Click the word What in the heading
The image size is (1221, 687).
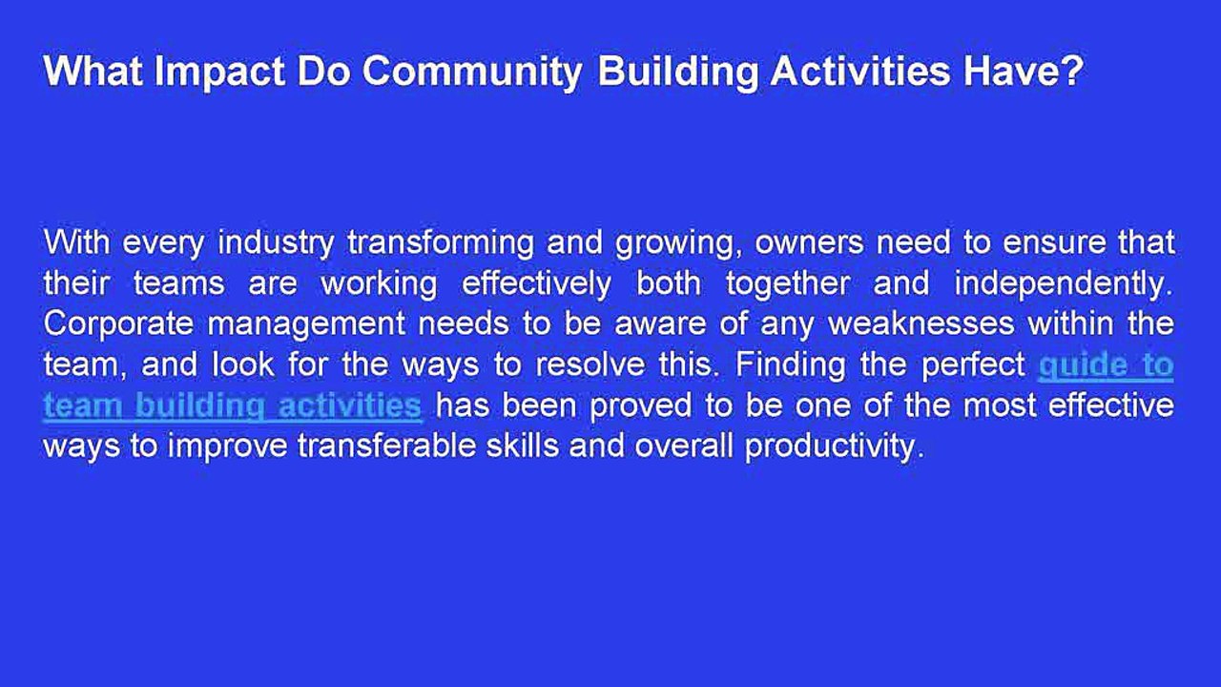coord(93,71)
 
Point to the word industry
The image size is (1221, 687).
coord(276,242)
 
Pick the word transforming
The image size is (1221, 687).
coord(441,242)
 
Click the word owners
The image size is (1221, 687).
coord(810,243)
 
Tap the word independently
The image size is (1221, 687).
coord(1064,284)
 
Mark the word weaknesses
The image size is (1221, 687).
coord(921,323)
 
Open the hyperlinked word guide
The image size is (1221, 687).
coord(1081,365)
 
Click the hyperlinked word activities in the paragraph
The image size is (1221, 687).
coord(349,405)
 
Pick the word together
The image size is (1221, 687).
coord(788,284)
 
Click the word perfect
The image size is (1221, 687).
coord(974,365)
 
